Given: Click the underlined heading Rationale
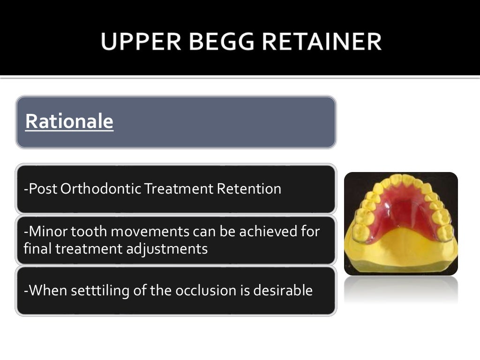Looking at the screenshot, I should tap(69, 121).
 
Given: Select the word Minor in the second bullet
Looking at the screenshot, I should tap(45, 232).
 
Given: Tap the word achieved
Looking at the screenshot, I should tap(264, 232).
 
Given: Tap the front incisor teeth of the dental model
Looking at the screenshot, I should tap(402, 180).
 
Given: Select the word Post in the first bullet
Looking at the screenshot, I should tap(39, 189).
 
